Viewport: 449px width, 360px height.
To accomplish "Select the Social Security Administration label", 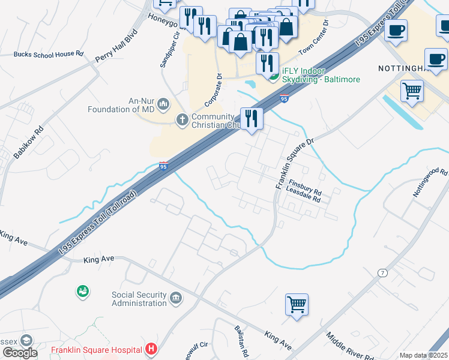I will (x=139, y=299).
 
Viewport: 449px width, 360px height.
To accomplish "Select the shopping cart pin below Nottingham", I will (x=412, y=91).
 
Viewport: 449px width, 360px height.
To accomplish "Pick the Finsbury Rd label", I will (x=305, y=186).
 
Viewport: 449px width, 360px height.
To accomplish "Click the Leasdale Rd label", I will (x=304, y=194).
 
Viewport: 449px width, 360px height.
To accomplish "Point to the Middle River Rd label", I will (x=350, y=347).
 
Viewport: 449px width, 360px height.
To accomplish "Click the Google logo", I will (x=19, y=353).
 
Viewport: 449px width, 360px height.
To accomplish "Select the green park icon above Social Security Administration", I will (x=82, y=291).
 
